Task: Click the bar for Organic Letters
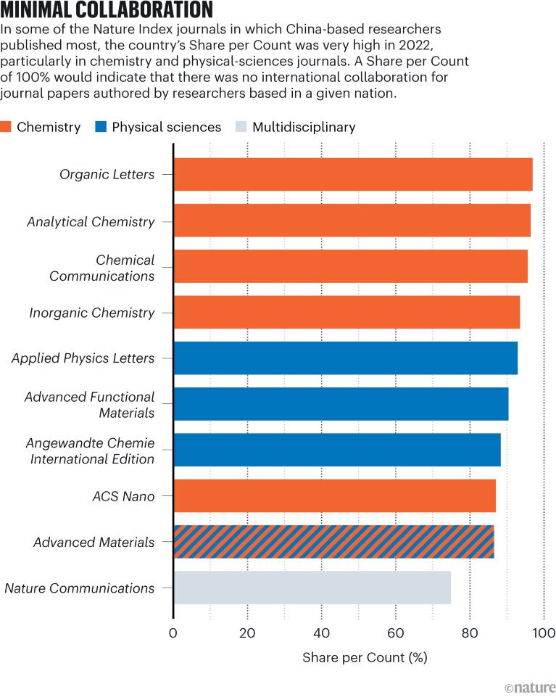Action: pyautogui.click(x=353, y=175)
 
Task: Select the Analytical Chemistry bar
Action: pyautogui.click(x=352, y=221)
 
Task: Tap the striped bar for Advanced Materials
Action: pyautogui.click(x=333, y=541)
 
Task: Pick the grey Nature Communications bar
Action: pyautogui.click(x=312, y=588)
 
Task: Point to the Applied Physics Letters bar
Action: pyautogui.click(x=345, y=358)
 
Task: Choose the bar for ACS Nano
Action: pyautogui.click(x=334, y=495)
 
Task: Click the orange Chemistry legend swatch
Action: pyautogui.click(x=7, y=128)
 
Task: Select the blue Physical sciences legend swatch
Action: pyautogui.click(x=101, y=128)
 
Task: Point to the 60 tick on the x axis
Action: pyautogui.click(x=396, y=633)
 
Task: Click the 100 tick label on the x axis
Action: pyautogui.click(x=544, y=633)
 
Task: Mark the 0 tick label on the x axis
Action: pyautogui.click(x=173, y=633)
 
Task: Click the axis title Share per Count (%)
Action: pyautogui.click(x=365, y=658)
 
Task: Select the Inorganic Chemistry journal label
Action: pyautogui.click(x=92, y=313)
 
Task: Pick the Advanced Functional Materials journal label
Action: pyautogui.click(x=90, y=405)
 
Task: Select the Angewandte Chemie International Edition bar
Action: pyautogui.click(x=336, y=450)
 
